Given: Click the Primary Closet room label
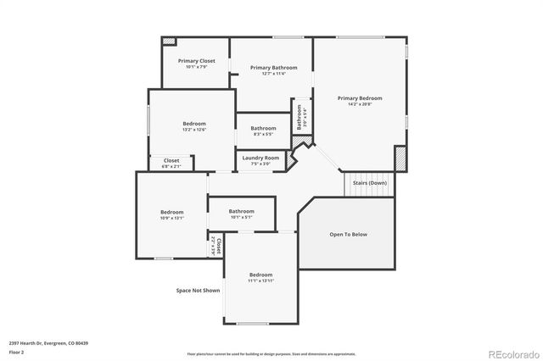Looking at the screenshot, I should pos(195,61).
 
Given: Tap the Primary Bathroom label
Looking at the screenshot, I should pos(274,68).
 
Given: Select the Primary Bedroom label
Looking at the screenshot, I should pos(359,98).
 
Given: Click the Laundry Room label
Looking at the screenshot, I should pos(260,158).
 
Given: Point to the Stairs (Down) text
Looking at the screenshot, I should pos(370,183).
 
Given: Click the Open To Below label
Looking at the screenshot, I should pos(349,234).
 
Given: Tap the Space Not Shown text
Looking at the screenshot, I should pos(198,291).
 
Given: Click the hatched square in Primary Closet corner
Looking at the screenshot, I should pos(169,42).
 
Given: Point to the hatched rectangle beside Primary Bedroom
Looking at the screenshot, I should pos(400,158).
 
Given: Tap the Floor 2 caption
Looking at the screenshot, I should pos(16,351).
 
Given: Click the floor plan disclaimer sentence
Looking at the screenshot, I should pos(271,353).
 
